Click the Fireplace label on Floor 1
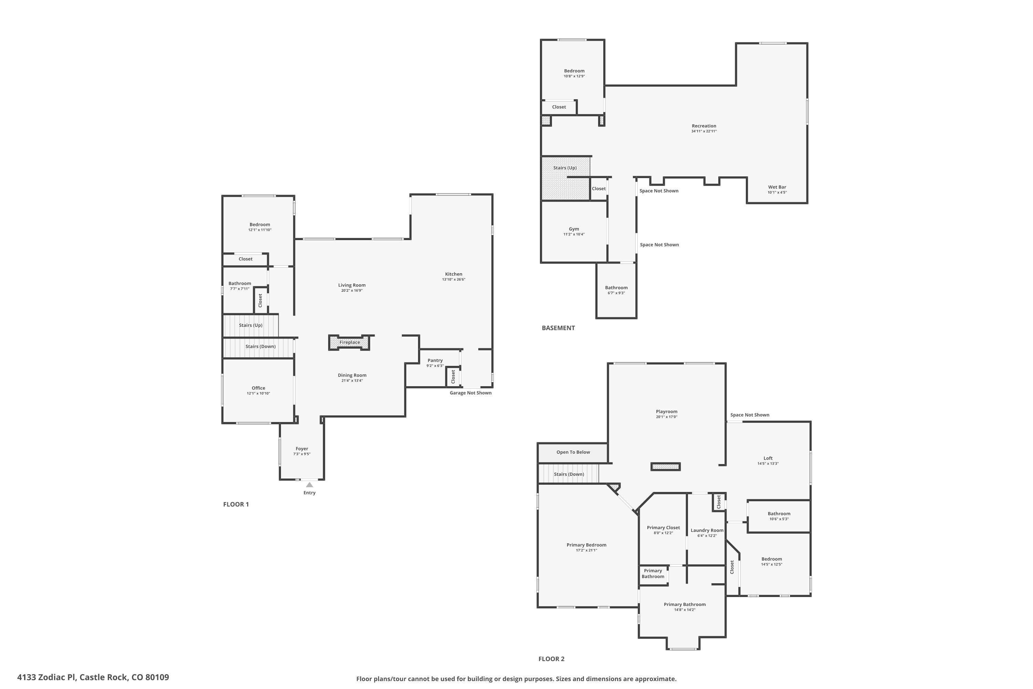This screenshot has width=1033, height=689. click(x=349, y=342)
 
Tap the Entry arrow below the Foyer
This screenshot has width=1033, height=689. click(x=310, y=485)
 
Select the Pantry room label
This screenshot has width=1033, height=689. click(x=435, y=360)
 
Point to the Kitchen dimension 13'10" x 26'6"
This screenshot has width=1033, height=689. click(x=454, y=279)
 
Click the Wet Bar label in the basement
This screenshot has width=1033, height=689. click(x=777, y=187)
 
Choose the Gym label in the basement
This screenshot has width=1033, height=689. click(x=574, y=229)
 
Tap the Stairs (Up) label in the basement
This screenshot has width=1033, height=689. click(x=565, y=168)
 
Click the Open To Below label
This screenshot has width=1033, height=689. click(x=573, y=452)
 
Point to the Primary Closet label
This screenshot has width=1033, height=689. click(x=663, y=528)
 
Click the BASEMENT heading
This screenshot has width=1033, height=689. click(x=558, y=328)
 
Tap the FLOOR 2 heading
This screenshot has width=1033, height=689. click(x=551, y=659)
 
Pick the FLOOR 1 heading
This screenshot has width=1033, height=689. click(x=236, y=504)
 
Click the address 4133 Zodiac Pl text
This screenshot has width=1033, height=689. click(x=46, y=677)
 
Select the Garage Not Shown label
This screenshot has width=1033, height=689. click(x=470, y=393)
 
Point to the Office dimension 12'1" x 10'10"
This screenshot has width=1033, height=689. click(x=258, y=393)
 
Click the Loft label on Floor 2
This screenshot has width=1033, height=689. click(x=768, y=458)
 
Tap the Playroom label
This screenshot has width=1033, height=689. click(x=667, y=412)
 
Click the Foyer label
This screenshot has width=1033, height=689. click(x=302, y=449)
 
